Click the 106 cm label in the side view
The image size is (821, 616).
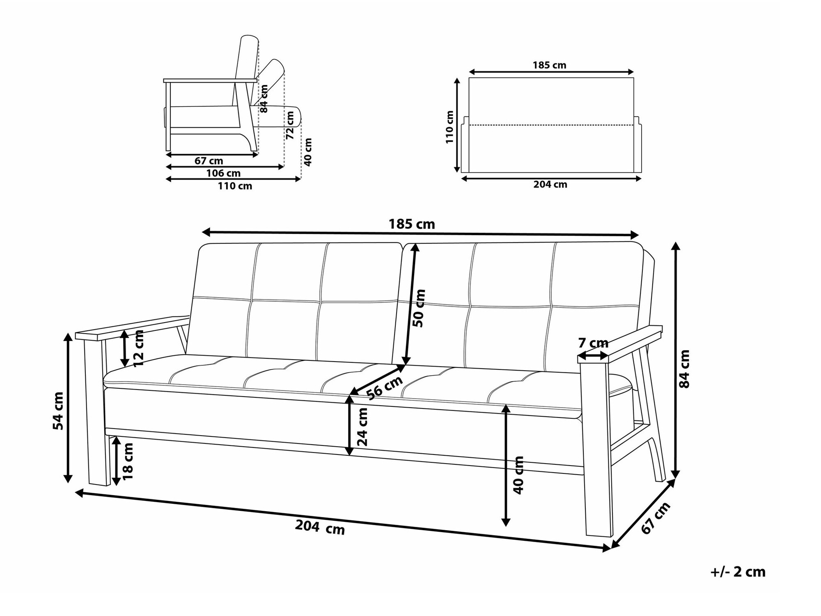pyautogui.click(x=223, y=173)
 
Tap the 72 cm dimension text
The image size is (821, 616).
pyautogui.click(x=290, y=125)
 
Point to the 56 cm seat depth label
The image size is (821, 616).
pyautogui.click(x=385, y=388)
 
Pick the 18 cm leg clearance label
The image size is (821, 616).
pyautogui.click(x=128, y=461)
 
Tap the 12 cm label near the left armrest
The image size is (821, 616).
pyautogui.click(x=139, y=348)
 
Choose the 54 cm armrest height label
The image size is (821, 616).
pyautogui.click(x=58, y=411)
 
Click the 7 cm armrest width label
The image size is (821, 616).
pyautogui.click(x=593, y=343)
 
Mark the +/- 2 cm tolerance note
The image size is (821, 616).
pyautogui.click(x=738, y=572)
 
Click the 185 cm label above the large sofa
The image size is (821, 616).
pyautogui.click(x=412, y=224)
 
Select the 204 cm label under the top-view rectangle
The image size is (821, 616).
pyautogui.click(x=550, y=185)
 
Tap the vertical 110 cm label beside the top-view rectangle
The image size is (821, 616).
pyautogui.click(x=450, y=127)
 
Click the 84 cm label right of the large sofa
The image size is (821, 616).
pyautogui.click(x=684, y=369)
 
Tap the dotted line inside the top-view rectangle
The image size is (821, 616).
pyautogui.click(x=551, y=125)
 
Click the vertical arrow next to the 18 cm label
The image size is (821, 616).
pyautogui.click(x=117, y=461)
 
